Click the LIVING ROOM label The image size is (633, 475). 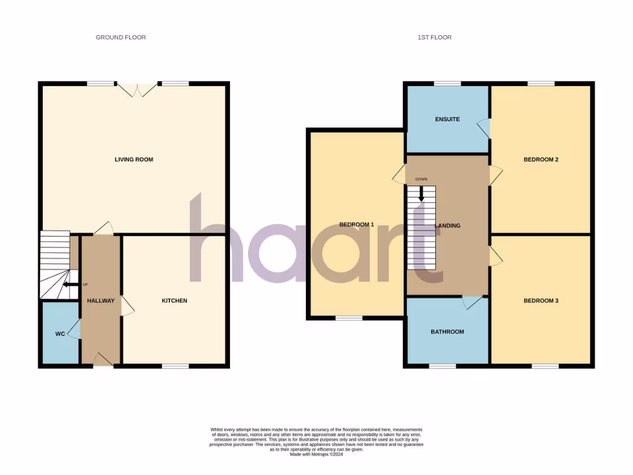[134, 160]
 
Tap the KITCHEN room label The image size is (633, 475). [174, 301]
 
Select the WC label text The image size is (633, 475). [60, 334]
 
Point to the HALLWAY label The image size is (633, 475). [101, 301]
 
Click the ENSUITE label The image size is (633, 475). [447, 119]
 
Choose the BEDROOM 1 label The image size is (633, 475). [357, 225]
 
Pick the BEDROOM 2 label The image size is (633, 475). [541, 160]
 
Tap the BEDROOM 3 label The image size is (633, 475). [541, 301]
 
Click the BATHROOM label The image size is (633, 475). [447, 332]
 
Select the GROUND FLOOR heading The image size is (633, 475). [121, 38]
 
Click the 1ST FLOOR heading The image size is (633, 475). [435, 38]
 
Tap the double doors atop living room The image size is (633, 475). [138, 89]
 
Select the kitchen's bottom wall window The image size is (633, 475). [176, 366]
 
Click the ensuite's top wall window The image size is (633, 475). [447, 83]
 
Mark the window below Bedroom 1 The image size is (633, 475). [349, 319]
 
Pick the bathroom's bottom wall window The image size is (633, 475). [443, 366]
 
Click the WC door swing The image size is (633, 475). [75, 330]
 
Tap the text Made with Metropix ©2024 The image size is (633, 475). [316, 455]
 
